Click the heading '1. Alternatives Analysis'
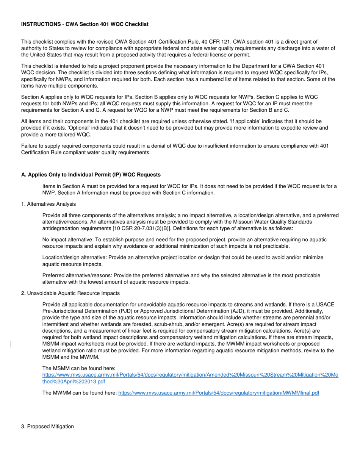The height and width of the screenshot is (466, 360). [x=48, y=204]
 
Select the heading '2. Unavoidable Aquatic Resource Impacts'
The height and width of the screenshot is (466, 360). [x=70, y=293]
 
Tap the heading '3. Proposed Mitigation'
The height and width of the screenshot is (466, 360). [x=47, y=426]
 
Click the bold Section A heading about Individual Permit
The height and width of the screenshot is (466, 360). [x=91, y=175]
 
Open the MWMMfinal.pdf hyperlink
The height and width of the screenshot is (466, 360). [x=219, y=393]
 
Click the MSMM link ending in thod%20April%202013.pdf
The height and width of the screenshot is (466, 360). [x=74, y=382]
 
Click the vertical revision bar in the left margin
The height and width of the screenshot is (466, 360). [x=11, y=344]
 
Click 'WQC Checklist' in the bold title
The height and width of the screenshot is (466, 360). [x=131, y=24]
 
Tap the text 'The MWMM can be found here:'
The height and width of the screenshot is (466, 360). [x=80, y=393]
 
